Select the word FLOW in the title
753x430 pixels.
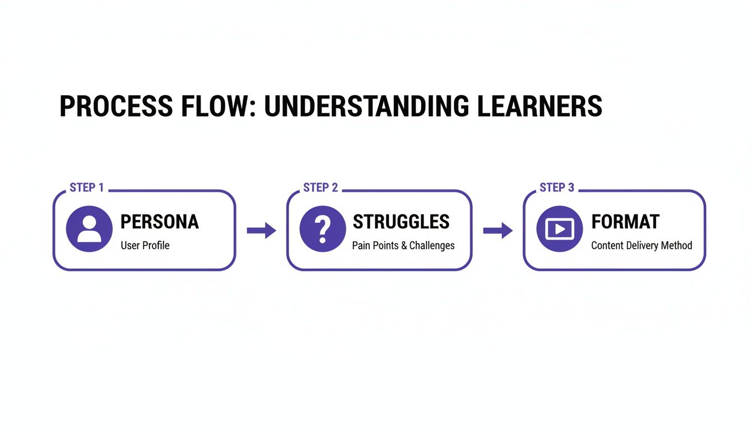pyautogui.click(x=224, y=106)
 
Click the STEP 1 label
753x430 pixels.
pyautogui.click(x=87, y=188)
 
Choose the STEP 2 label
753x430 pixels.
pyautogui.click(x=320, y=188)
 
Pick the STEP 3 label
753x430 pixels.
pyautogui.click(x=557, y=188)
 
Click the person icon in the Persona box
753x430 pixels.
pyautogui.click(x=89, y=229)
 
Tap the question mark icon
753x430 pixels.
pyautogui.click(x=322, y=229)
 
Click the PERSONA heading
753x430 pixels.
pyautogui.click(x=160, y=222)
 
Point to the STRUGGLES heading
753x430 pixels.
pyautogui.click(x=401, y=222)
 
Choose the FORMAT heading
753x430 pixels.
pyautogui.click(x=626, y=222)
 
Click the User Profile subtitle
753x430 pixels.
pyautogui.click(x=145, y=246)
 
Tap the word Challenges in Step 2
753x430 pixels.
pyautogui.click(x=432, y=246)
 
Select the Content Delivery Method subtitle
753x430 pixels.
pyautogui.click(x=642, y=246)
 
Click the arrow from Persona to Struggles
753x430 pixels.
pyautogui.click(x=262, y=230)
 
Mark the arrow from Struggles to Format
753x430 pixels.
pyautogui.click(x=498, y=230)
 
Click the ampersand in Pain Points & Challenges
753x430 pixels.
pyautogui.click(x=403, y=246)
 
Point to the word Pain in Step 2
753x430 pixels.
pyautogui.click(x=361, y=246)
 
